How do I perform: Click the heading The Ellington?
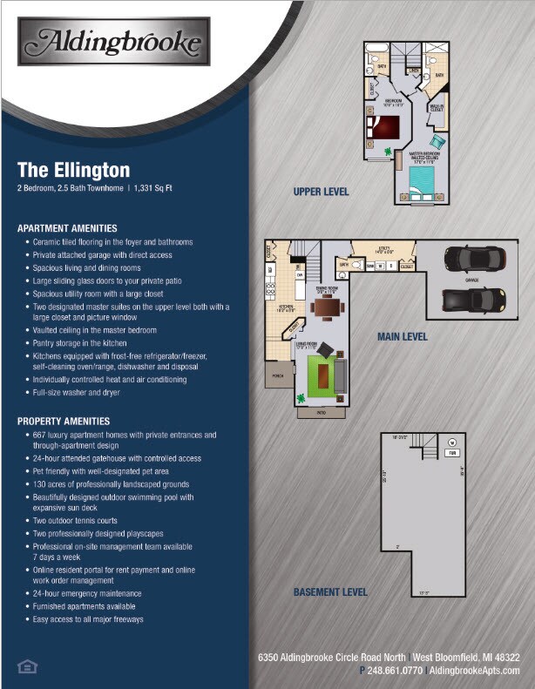click(73, 169)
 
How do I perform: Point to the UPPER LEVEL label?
click(322, 191)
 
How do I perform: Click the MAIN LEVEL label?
click(402, 336)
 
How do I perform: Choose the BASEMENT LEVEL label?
click(330, 592)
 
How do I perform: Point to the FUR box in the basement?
click(452, 453)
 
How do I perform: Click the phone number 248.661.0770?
click(394, 671)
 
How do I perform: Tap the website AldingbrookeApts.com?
click(475, 671)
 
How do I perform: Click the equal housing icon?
click(26, 666)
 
